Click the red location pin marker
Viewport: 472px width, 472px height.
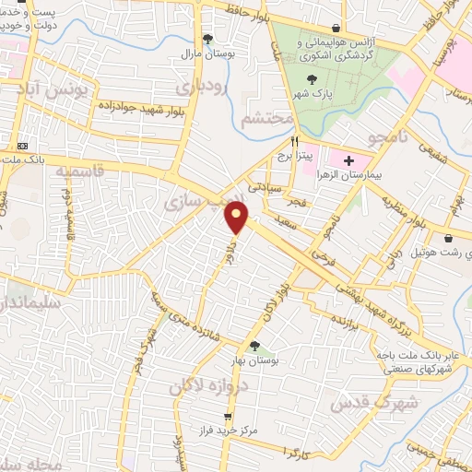tap(237, 217)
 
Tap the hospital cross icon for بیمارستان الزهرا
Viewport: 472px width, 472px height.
tap(348, 160)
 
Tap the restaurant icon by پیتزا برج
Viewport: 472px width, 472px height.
tap(295, 142)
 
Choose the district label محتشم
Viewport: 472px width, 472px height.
tap(266, 120)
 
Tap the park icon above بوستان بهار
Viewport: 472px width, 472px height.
tap(254, 346)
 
